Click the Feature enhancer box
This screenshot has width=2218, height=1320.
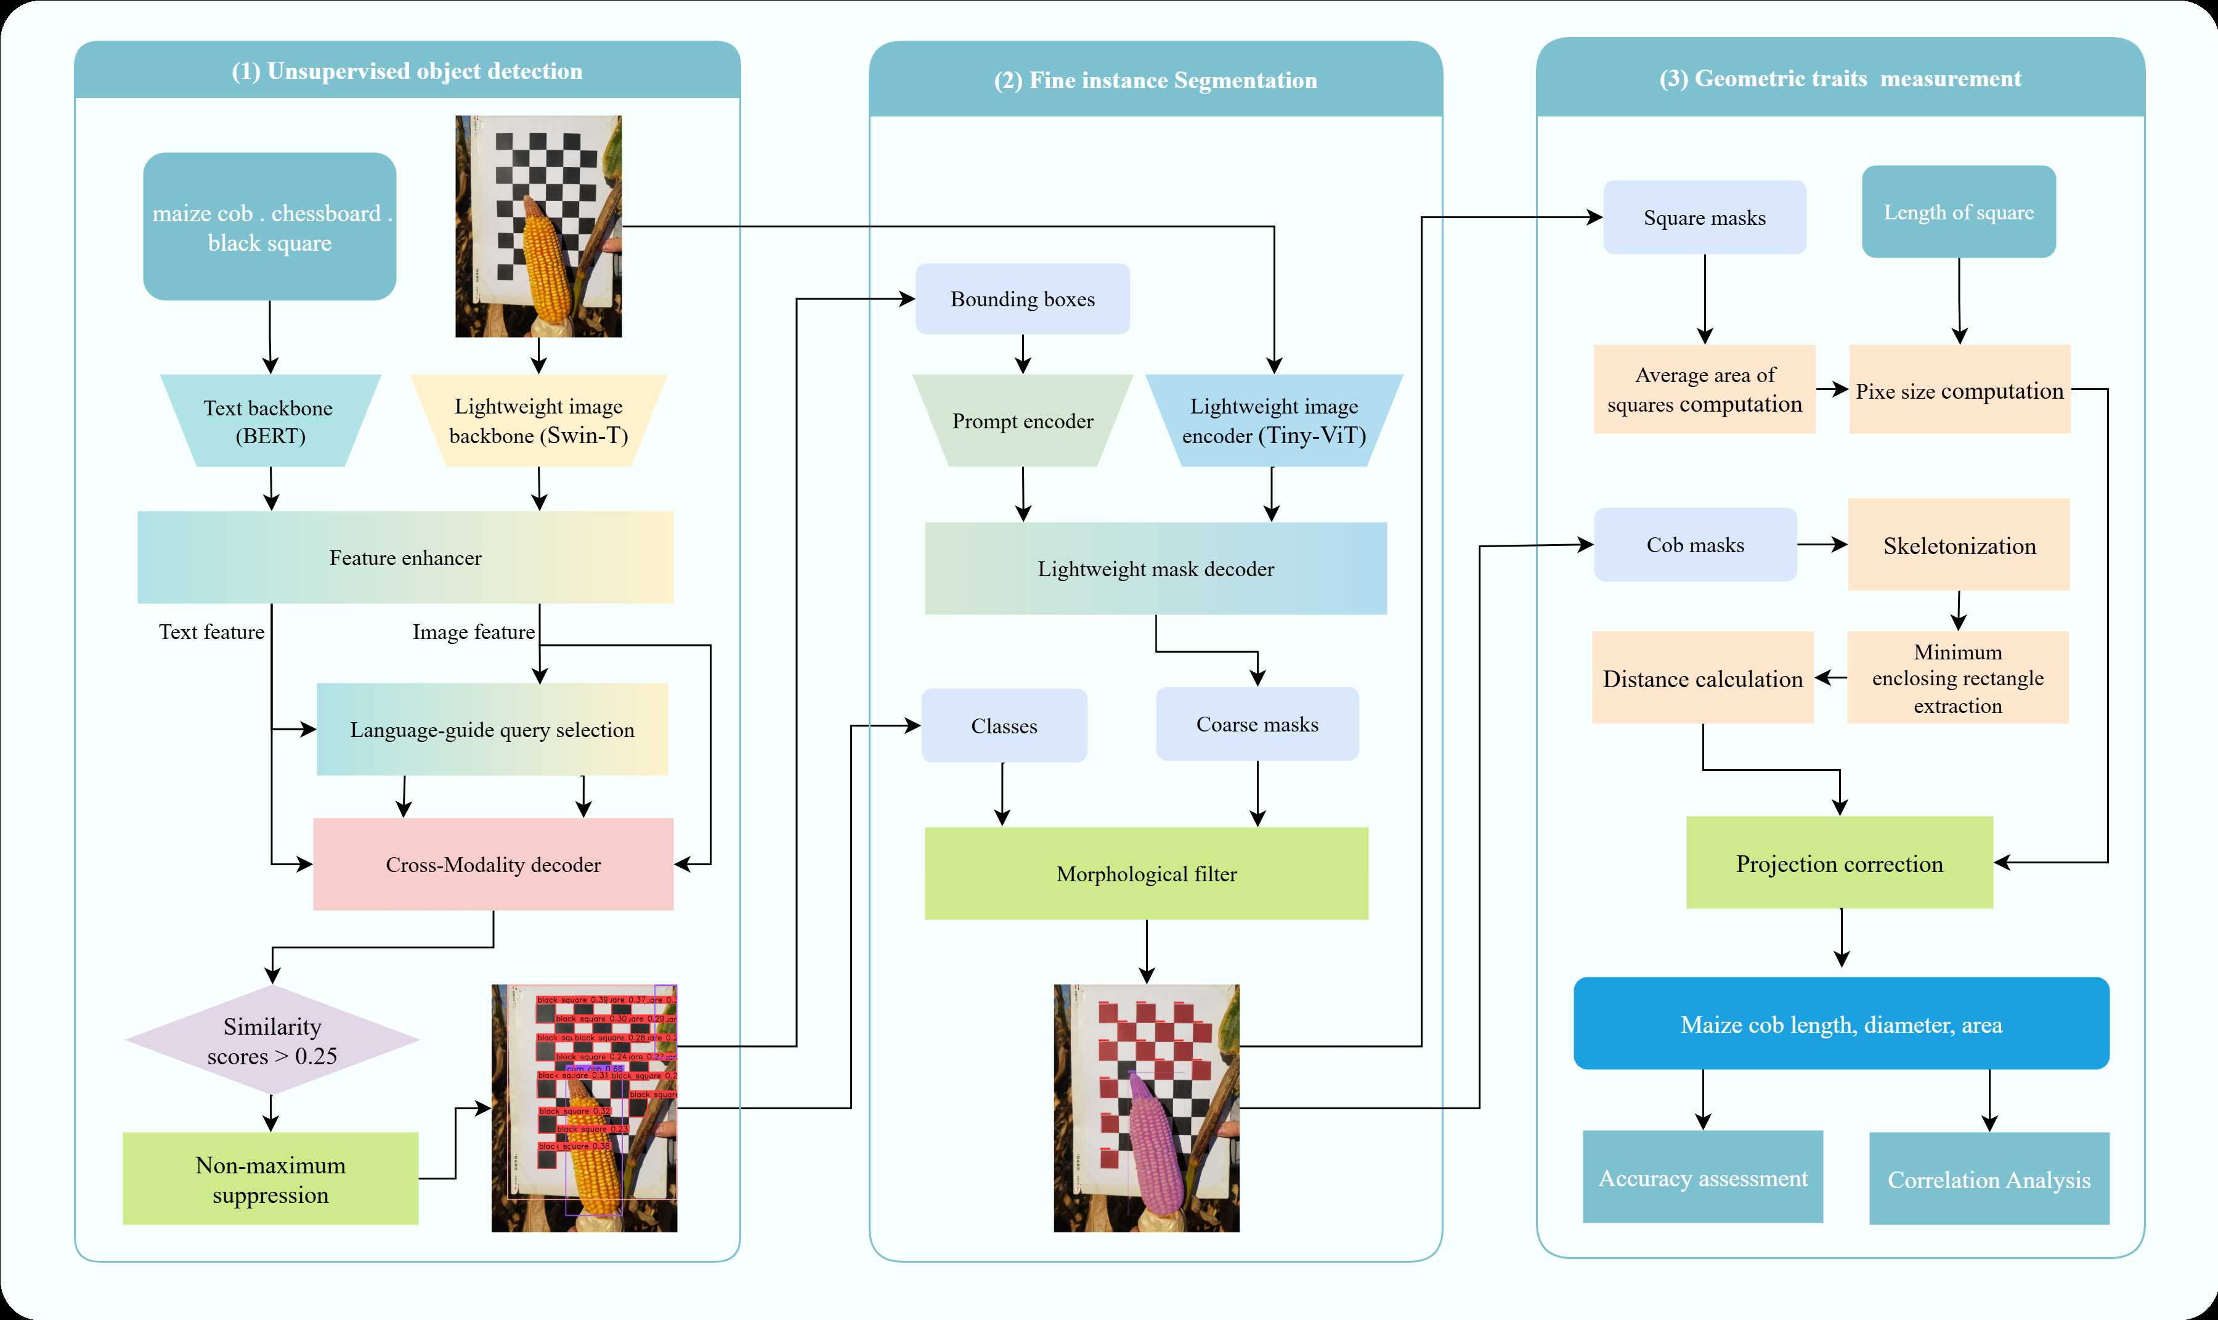tap(405, 558)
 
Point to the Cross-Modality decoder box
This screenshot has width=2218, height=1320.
tap(493, 865)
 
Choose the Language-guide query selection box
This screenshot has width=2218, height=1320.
tap(492, 730)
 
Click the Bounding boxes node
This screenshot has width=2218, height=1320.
tap(1023, 299)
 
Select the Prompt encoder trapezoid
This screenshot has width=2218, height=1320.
tap(1023, 421)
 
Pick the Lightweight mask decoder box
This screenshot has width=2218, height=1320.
tap(1155, 568)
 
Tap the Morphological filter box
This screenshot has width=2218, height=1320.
tap(1147, 873)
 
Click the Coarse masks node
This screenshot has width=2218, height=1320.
tap(1257, 724)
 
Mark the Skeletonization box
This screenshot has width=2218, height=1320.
tap(1959, 545)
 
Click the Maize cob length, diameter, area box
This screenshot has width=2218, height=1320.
tap(1841, 1024)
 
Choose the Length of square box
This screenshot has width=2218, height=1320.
tap(1959, 212)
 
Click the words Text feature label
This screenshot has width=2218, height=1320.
tap(212, 632)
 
